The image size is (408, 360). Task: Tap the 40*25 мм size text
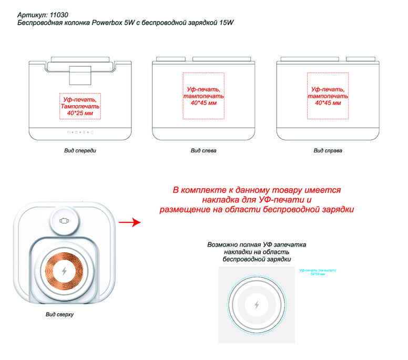click(80, 113)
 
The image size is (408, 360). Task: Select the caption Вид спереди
click(80, 151)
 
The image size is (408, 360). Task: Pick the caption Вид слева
click(203, 151)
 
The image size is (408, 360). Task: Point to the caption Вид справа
click(328, 151)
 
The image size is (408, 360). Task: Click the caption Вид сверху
click(59, 314)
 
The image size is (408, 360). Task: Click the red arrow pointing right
click(129, 223)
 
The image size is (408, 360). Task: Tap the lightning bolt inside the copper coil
click(65, 271)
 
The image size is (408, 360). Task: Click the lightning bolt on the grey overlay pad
click(257, 305)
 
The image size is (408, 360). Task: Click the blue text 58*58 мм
click(318, 274)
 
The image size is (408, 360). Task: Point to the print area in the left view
click(203, 96)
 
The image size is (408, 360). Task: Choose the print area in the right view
click(328, 96)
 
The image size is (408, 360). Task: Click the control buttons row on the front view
click(80, 132)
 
